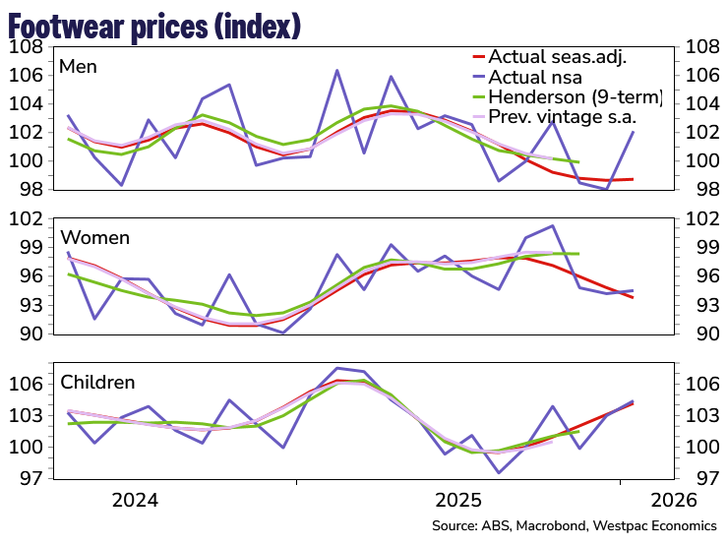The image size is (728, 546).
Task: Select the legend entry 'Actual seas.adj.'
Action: (557, 56)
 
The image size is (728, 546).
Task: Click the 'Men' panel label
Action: (79, 66)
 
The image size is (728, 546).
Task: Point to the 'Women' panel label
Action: (95, 237)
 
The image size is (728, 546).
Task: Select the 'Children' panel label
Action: (98, 382)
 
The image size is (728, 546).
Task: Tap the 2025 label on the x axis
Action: (457, 499)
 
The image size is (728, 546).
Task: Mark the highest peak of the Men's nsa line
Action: (336, 71)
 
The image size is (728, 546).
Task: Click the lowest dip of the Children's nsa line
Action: (499, 472)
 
